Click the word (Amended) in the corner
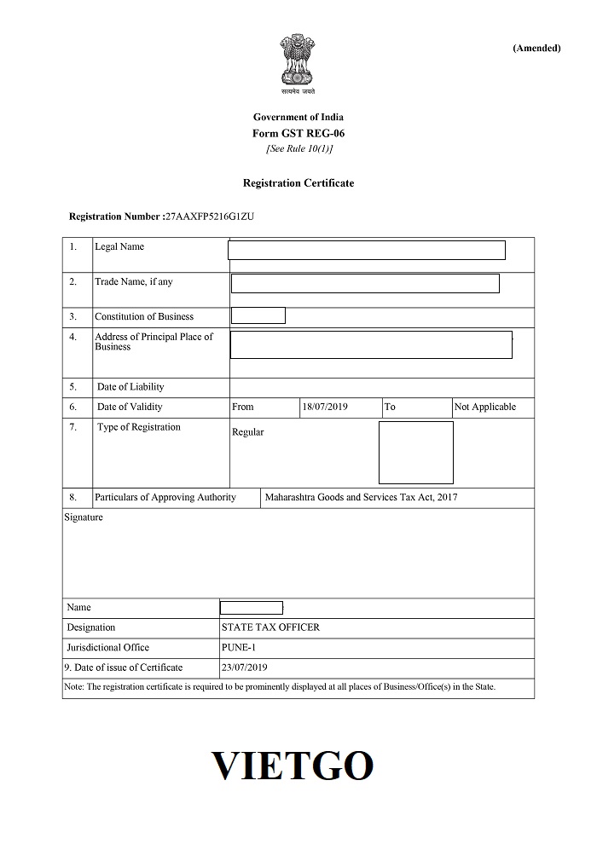point(536,48)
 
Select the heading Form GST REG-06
point(298,133)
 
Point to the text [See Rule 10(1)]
point(298,148)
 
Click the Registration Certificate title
point(298,183)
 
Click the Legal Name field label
point(119,247)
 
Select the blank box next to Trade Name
point(365,284)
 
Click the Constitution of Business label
point(144,316)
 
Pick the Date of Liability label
point(130,387)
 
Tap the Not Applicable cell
point(484,407)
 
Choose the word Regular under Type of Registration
point(248,432)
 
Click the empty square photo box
point(415,453)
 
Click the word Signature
point(84,517)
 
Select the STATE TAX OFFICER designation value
point(270,627)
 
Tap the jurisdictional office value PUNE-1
point(239,647)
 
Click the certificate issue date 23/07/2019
point(245,667)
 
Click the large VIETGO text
point(292,766)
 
